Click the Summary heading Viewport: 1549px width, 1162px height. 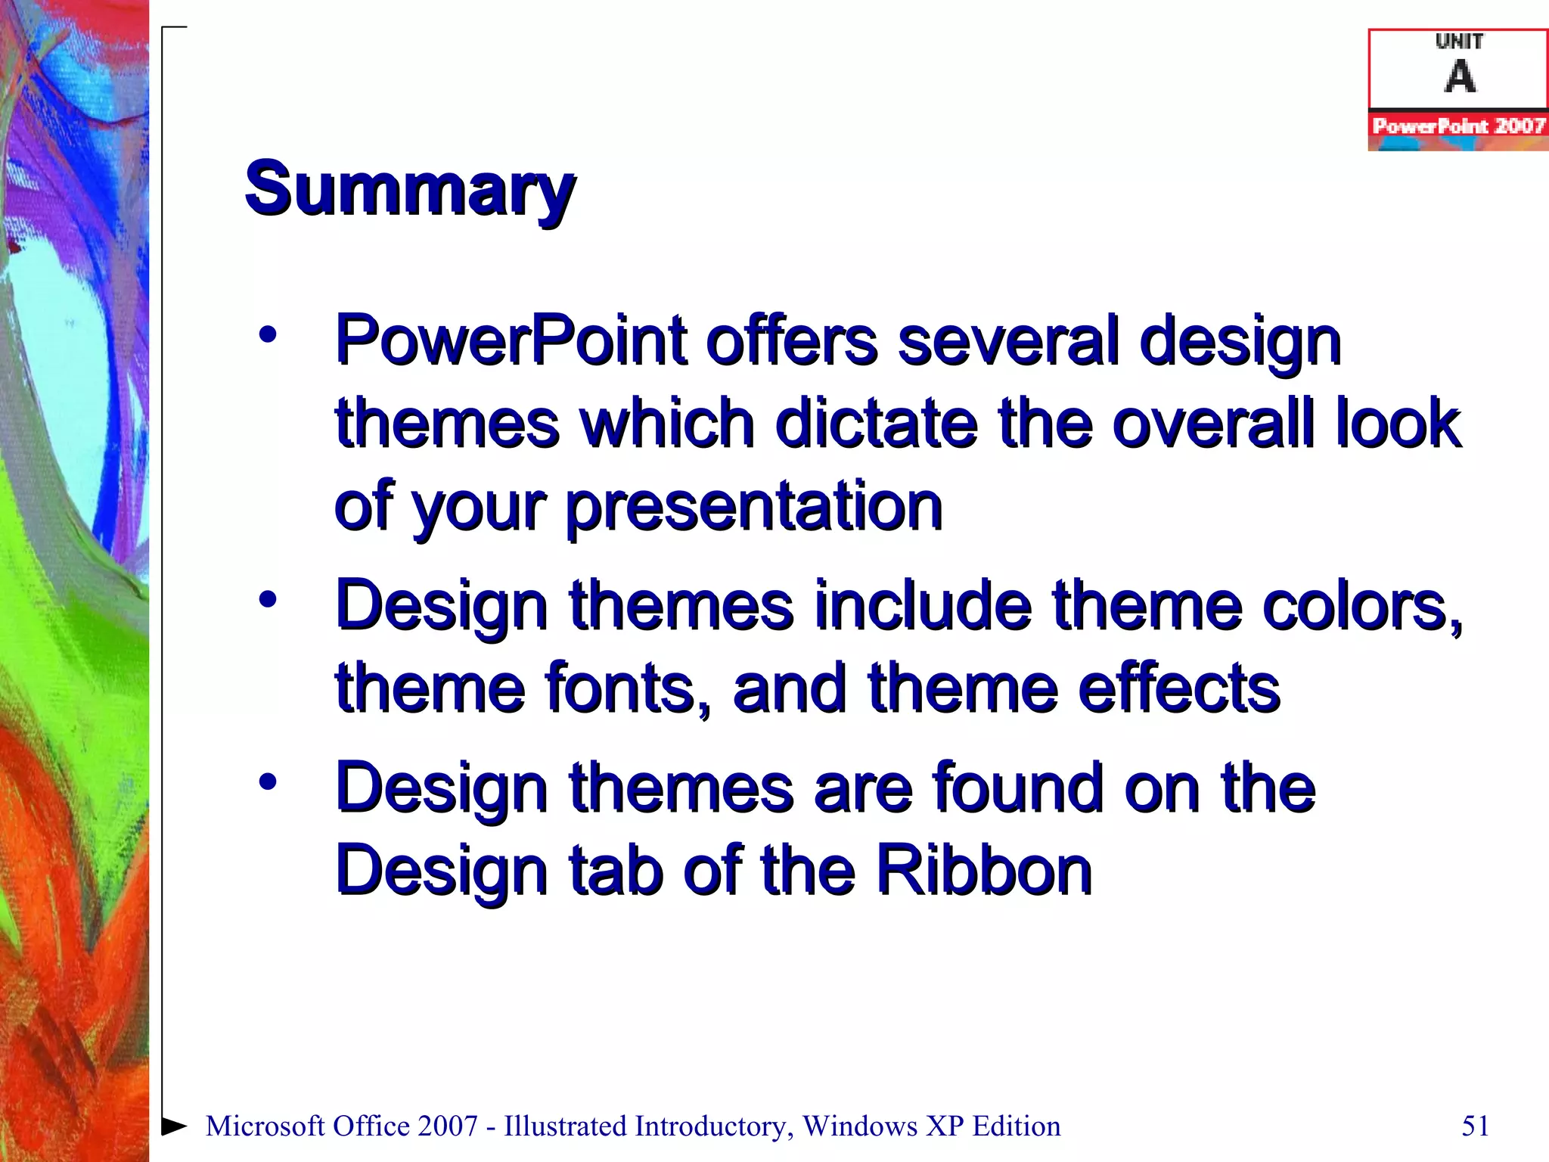(409, 189)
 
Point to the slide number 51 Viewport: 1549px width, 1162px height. (1475, 1126)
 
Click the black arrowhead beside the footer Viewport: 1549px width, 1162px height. (175, 1126)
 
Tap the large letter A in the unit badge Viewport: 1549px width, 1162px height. (1460, 76)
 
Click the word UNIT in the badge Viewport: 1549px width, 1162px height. (1459, 42)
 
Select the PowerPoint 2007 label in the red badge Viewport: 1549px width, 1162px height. (1458, 126)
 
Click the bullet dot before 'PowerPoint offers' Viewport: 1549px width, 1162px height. (268, 334)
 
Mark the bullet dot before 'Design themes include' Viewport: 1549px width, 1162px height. (268, 600)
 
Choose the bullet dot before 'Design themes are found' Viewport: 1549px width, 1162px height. (268, 781)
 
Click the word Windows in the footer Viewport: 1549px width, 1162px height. (860, 1126)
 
